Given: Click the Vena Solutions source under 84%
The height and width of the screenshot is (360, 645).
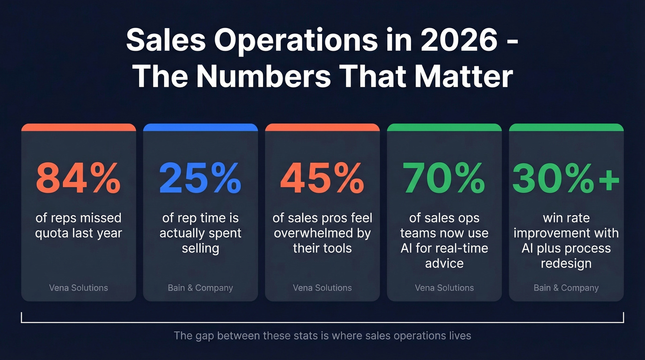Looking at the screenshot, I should [x=78, y=288].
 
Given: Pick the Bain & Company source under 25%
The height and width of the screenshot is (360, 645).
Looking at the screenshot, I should [x=200, y=288].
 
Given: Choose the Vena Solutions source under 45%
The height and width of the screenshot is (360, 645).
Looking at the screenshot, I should [x=322, y=288].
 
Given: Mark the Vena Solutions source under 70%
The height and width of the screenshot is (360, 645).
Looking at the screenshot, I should [x=444, y=288].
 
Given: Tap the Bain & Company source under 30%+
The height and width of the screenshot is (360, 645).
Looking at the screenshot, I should [x=566, y=288].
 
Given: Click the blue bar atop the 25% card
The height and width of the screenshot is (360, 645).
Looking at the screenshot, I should [x=200, y=127].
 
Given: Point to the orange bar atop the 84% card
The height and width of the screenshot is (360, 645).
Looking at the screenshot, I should [x=78, y=127].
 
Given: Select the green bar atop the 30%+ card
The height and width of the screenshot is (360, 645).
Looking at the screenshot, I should [x=566, y=127].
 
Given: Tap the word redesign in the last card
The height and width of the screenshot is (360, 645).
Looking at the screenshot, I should [x=566, y=263].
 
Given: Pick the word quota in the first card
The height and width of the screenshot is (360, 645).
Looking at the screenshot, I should [x=52, y=233].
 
